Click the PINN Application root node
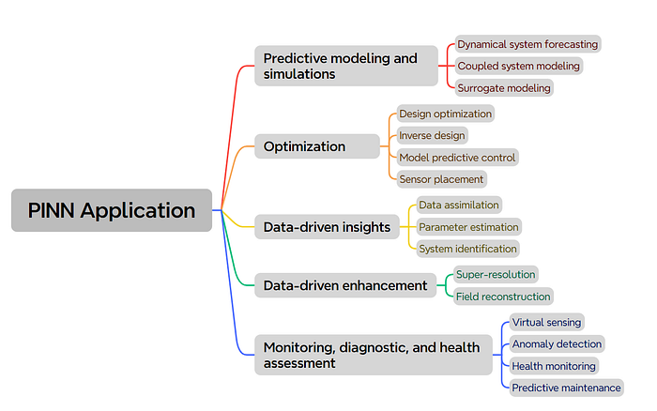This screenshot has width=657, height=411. (x=111, y=210)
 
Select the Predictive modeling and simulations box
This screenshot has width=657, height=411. (x=345, y=66)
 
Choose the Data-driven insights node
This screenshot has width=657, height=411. (x=325, y=226)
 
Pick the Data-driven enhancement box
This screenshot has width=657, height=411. (x=344, y=285)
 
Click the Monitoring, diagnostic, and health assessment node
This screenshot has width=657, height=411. (x=373, y=355)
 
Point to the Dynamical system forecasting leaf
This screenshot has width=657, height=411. (x=527, y=44)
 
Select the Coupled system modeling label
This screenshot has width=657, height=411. (x=518, y=66)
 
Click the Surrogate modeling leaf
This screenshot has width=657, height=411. (x=503, y=88)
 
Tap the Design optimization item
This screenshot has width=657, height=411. (x=445, y=114)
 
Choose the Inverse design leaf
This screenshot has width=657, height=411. (x=432, y=135)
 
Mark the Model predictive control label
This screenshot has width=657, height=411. (x=457, y=157)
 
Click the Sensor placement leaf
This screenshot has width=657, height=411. (x=441, y=178)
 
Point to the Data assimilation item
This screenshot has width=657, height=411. (x=458, y=205)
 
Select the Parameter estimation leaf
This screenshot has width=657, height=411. (x=467, y=226)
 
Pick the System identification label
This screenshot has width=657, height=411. (x=467, y=249)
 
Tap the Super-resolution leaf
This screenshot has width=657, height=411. (x=496, y=274)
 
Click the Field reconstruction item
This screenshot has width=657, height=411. (x=502, y=297)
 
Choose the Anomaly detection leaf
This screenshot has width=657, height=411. (x=557, y=343)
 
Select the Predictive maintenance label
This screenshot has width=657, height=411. (x=566, y=387)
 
